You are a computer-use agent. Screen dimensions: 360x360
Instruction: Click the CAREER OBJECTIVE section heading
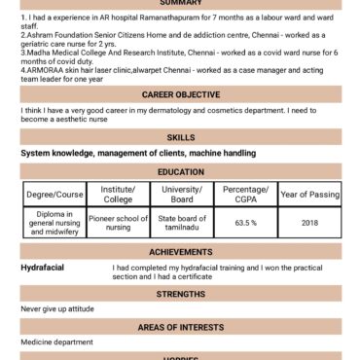tap(180, 94)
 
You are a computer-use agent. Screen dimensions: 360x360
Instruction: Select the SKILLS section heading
tap(180, 137)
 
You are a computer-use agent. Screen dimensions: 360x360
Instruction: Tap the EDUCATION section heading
tap(180, 170)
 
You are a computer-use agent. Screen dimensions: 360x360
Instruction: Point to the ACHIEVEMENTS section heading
tap(180, 252)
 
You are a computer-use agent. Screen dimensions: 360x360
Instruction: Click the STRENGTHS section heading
tap(180, 293)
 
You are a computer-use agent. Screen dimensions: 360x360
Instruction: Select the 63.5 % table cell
tap(245, 223)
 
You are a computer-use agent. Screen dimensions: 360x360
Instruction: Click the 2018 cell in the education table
tap(308, 223)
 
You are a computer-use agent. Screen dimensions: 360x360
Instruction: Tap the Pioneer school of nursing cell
tap(118, 223)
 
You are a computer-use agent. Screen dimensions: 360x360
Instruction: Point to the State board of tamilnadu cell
tap(181, 223)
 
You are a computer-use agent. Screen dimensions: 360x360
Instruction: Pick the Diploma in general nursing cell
tap(54, 223)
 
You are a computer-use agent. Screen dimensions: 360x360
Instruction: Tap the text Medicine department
tap(56, 342)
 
